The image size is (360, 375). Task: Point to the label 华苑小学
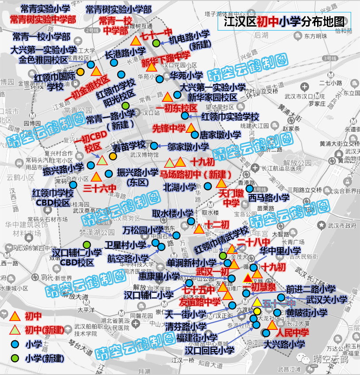186,76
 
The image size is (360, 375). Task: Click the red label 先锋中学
169,128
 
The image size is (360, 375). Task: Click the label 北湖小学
180,187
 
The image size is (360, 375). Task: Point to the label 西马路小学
268,197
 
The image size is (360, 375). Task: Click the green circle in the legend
15,358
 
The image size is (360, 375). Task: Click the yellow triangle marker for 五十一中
257,302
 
